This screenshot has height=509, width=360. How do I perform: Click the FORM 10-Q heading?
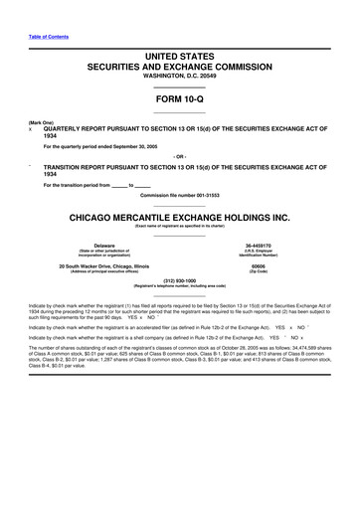[180, 100]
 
